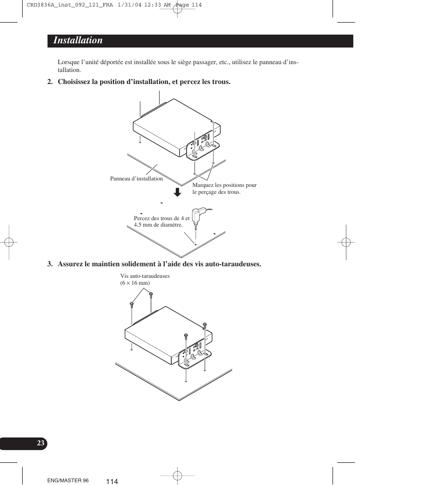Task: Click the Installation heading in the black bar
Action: click(78, 41)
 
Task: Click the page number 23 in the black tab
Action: click(41, 443)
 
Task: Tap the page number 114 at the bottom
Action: click(112, 481)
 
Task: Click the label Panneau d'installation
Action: click(137, 179)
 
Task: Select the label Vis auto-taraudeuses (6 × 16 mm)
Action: click(145, 279)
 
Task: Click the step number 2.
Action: click(49, 82)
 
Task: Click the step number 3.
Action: click(49, 264)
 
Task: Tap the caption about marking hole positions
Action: click(224, 188)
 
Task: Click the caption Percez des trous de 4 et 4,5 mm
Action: click(161, 221)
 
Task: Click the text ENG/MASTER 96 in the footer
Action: click(68, 480)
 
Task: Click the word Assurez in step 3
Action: click(70, 264)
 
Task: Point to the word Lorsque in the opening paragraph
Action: click(67, 62)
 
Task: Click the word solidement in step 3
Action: click(145, 264)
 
